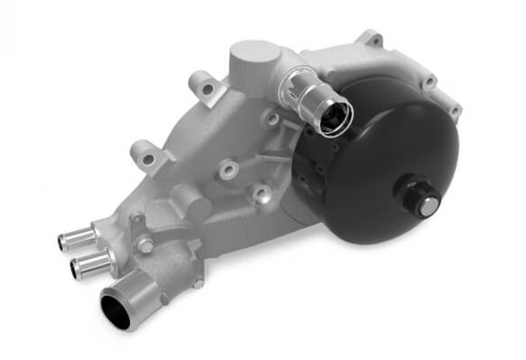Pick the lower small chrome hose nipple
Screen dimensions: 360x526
pyautogui.click(x=91, y=263)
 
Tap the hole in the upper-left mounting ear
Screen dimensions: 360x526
pyautogui.click(x=208, y=89)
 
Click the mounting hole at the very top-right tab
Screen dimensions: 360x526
pyautogui.click(x=374, y=40)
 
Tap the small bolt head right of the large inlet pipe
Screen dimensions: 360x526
pyautogui.click(x=198, y=283)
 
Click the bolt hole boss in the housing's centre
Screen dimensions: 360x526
pyautogui.click(x=228, y=168)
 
